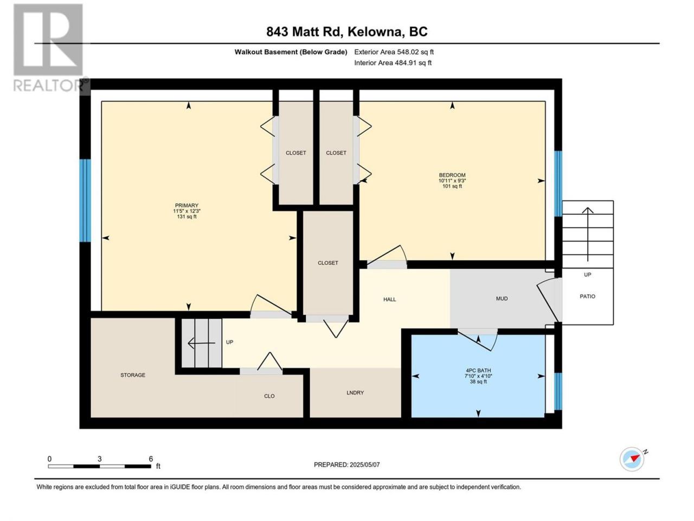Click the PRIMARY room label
pos(187,205)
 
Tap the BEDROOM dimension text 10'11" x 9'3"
pos(452,181)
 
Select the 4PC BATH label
pos(478,371)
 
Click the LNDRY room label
pos(355,392)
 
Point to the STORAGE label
pos(133,375)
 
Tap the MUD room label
pos(502,298)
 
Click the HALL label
pos(389,299)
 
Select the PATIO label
pos(587,296)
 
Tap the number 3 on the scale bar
pos(100,459)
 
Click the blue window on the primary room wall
pos(85,200)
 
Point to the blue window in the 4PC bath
pos(558,391)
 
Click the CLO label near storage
pos(269,396)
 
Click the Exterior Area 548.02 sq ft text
pos(394,52)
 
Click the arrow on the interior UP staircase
pos(202,343)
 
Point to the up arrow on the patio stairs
pos(587,234)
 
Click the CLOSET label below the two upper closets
pos(328,263)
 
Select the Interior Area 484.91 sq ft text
pos(393,62)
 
